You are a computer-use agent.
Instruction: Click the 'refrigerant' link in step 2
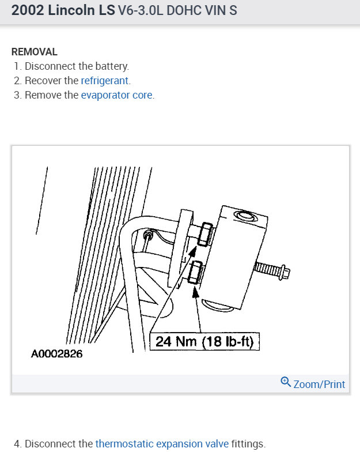point(105,81)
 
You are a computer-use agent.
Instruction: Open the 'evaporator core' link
point(117,95)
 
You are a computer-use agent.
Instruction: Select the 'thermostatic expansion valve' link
point(162,444)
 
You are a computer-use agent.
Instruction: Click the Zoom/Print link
point(319,384)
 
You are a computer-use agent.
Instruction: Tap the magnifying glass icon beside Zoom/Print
point(286,382)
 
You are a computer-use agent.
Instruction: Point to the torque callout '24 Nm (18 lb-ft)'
point(204,342)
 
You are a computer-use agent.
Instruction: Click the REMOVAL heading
point(35,52)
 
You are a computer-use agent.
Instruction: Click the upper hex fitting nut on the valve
point(203,235)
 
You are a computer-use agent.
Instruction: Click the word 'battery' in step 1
point(113,66)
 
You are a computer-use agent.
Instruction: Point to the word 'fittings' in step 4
point(248,444)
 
